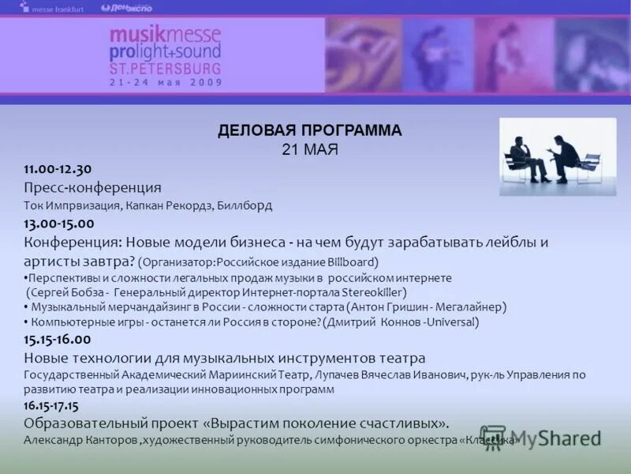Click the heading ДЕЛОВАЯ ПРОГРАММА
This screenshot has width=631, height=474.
[309, 131]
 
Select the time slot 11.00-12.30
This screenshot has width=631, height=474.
[58, 168]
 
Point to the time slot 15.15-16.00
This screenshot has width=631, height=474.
[58, 339]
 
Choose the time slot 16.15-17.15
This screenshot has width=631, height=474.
[51, 405]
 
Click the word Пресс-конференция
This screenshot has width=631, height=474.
[92, 187]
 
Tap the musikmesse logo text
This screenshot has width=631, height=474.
[165, 35]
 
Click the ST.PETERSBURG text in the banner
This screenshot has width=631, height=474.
[166, 69]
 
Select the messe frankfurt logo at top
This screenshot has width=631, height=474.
[52, 8]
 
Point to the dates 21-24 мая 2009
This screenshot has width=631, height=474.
[166, 82]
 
